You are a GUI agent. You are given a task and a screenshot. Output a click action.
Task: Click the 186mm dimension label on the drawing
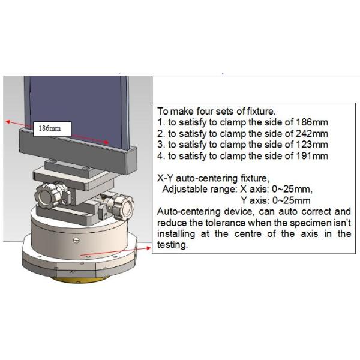pos(50,128)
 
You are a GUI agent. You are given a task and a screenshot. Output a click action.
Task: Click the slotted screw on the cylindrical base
pos(76,241)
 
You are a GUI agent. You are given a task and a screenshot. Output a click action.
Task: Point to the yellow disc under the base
pos(78,280)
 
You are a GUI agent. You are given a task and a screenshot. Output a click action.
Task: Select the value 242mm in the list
pos(312,133)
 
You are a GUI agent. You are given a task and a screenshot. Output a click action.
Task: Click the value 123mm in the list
pos(312,145)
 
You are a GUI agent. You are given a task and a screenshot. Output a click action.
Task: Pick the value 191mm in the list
pos(312,156)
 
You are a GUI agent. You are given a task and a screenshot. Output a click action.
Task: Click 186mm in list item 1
pos(312,122)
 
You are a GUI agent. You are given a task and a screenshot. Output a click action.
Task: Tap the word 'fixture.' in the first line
pos(261,112)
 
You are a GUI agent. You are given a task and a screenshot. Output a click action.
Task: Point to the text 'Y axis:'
pos(255,200)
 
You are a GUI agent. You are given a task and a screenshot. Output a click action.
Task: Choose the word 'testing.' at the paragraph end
pos(173,245)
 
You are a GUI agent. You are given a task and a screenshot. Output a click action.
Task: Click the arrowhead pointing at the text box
pos(149,248)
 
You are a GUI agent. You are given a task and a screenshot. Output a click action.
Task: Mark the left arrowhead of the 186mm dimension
pos(8,122)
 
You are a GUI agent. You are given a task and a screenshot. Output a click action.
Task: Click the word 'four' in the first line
pos(205,112)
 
